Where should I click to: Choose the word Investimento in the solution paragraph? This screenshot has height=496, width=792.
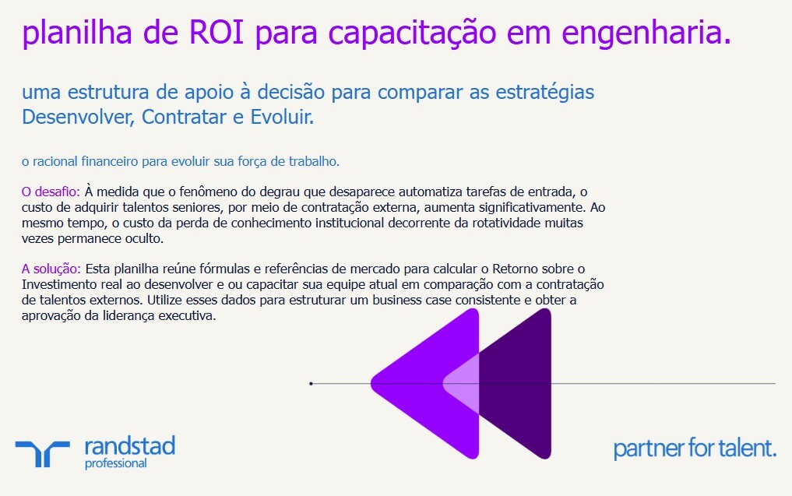pyautogui.click(x=59, y=285)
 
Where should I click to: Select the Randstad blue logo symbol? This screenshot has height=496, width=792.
pyautogui.click(x=42, y=452)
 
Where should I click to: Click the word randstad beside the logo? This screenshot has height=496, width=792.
pyautogui.click(x=129, y=446)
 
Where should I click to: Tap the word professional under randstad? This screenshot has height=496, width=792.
pyautogui.click(x=115, y=464)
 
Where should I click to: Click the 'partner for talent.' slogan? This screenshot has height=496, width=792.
pyautogui.click(x=695, y=449)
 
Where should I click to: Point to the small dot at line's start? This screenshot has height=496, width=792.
pyautogui.click(x=311, y=384)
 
